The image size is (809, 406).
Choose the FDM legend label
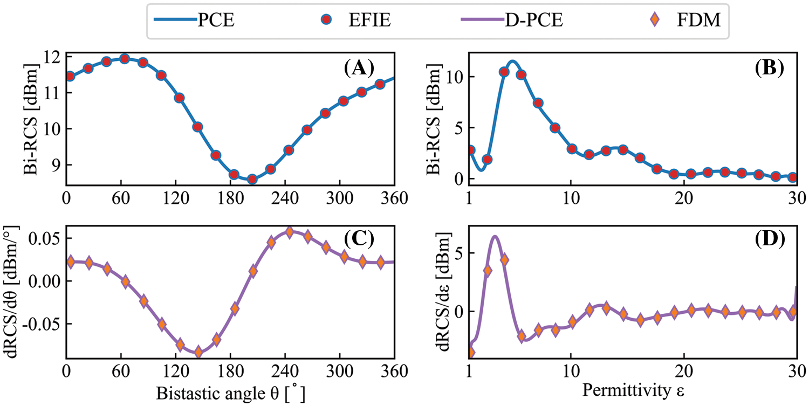coord(704,22)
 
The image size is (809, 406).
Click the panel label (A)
coord(360,68)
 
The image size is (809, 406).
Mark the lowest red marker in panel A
coord(252,179)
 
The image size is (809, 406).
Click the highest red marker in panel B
coord(504,72)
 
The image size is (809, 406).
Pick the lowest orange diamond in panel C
coord(198,352)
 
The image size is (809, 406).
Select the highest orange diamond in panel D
coord(504,260)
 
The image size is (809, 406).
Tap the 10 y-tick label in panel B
coord(456,77)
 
